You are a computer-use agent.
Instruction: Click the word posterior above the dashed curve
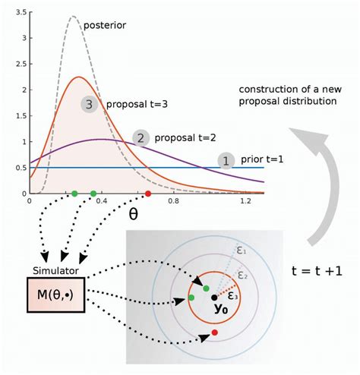click(105, 24)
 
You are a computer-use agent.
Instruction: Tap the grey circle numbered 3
click(90, 105)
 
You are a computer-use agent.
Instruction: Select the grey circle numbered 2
click(140, 137)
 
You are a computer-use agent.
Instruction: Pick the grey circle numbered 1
click(225, 160)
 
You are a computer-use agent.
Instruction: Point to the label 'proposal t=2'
click(185, 138)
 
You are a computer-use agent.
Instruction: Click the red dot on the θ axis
click(148, 194)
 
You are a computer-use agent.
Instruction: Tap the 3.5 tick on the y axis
click(17, 14)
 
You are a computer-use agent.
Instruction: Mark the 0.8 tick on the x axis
click(174, 203)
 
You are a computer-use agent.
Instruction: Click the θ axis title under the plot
click(133, 214)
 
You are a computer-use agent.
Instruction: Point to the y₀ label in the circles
click(222, 309)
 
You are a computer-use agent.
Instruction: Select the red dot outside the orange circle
click(215, 332)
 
